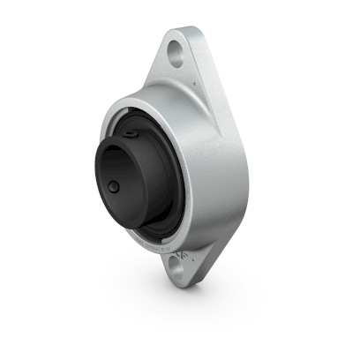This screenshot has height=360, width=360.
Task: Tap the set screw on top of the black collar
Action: click(130, 132)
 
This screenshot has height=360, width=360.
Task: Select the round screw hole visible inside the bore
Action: click(115, 188)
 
